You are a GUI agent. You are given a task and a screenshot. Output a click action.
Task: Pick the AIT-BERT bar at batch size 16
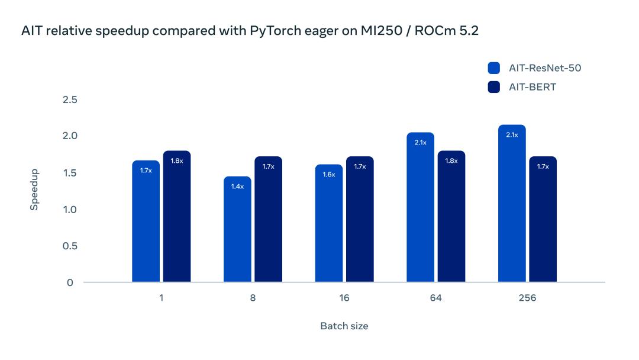tap(360, 219)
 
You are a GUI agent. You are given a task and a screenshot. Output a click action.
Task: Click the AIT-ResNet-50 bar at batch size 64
tap(421, 207)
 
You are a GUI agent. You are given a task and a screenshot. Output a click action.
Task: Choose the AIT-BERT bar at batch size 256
tap(543, 219)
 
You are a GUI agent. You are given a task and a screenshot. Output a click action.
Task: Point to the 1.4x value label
tap(237, 186)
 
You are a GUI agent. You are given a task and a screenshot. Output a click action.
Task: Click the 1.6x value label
tap(329, 174)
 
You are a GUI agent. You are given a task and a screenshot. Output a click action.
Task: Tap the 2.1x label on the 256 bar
tap(512, 134)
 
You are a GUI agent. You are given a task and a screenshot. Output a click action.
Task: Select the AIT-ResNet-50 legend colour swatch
tap(494, 68)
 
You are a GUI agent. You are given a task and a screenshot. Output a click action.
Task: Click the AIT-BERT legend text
tap(532, 87)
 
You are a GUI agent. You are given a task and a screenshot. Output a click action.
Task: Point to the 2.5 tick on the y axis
tap(70, 99)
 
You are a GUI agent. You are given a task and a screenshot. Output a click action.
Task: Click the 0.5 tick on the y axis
tap(70, 246)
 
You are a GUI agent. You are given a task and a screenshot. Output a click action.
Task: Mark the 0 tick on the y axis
tap(70, 282)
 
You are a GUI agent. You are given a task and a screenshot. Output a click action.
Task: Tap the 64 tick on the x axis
tap(436, 298)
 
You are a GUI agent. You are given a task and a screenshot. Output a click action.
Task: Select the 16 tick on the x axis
tap(344, 298)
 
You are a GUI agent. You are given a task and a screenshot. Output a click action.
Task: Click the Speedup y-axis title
tap(34, 189)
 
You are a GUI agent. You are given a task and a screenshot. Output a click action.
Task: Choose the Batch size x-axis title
tap(344, 326)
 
